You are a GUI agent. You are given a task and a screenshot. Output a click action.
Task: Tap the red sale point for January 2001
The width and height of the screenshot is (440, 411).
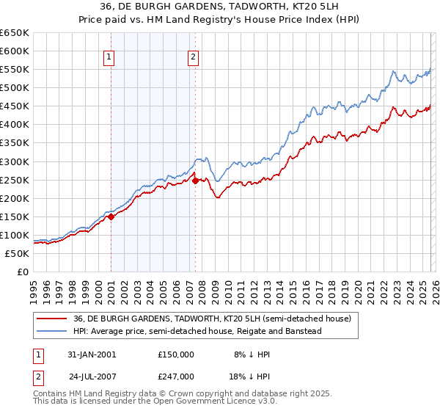tap(111, 217)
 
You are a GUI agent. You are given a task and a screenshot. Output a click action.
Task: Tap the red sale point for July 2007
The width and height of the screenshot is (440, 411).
tap(196, 181)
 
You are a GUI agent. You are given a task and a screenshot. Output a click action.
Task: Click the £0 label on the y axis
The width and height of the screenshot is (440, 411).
tap(22, 272)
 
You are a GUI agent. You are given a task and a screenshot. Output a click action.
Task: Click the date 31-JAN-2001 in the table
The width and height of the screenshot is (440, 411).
tap(92, 354)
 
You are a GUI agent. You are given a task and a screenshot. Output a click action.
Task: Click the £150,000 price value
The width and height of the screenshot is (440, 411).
tap(176, 354)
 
